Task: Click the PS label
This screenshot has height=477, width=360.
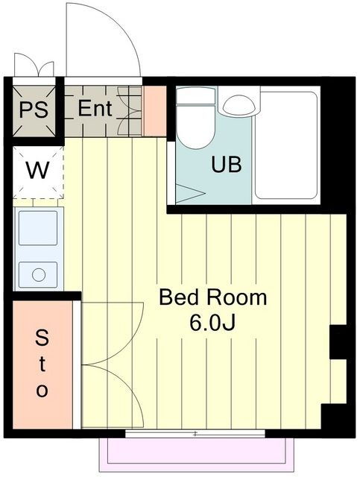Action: [34, 110]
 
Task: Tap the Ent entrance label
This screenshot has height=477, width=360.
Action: [95, 108]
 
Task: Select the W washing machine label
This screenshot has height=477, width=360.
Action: [38, 171]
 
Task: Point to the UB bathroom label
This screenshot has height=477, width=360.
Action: [227, 164]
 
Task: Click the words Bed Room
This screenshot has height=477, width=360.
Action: [212, 297]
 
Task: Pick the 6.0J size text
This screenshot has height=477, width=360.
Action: [212, 322]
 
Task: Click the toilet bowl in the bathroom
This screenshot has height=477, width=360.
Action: [196, 127]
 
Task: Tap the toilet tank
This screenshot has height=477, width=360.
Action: [196, 95]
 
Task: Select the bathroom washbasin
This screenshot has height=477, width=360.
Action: [239, 105]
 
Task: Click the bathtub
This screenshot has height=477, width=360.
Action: [286, 145]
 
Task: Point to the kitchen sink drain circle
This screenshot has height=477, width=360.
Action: [39, 275]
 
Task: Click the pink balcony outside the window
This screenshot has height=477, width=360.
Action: [197, 455]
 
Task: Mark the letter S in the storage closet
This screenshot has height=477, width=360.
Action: [42, 338]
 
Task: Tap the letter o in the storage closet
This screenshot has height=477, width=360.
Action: [42, 390]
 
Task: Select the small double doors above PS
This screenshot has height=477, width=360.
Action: [34, 65]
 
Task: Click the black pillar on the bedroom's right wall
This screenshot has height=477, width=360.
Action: [338, 342]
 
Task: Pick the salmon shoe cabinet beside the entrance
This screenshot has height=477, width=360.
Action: [155, 111]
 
